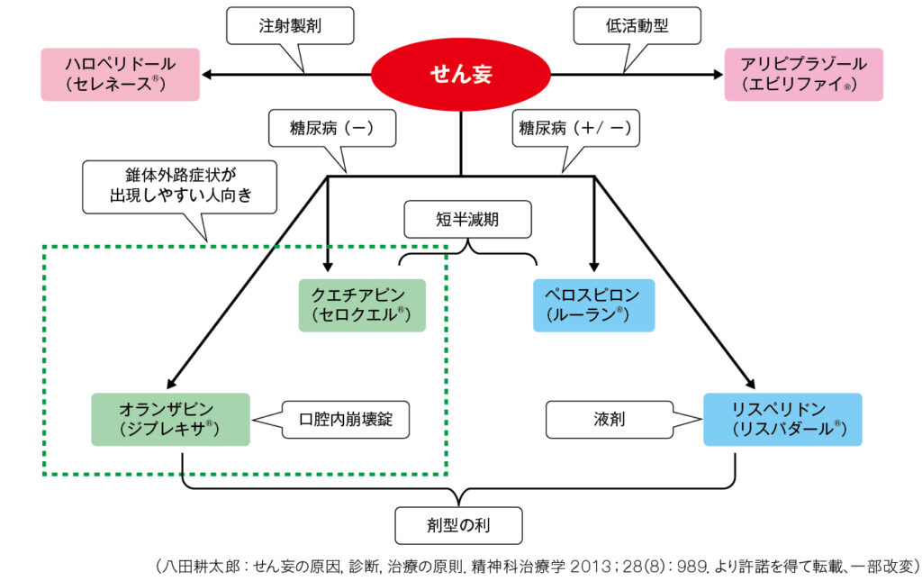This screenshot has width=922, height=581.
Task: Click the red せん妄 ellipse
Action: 460,74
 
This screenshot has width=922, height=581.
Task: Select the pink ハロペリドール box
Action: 120,74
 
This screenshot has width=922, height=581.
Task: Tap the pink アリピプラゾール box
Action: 803,74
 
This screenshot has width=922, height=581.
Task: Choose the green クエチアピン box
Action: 362,304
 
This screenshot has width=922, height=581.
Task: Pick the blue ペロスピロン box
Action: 593,304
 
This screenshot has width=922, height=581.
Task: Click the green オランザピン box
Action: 171,419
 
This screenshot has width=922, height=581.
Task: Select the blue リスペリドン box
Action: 782,419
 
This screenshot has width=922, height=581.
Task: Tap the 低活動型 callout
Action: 637,27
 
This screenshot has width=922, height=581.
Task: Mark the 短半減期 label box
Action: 467,219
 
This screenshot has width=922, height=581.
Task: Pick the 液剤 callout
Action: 610,420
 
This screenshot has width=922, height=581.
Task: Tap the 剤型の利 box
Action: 458,522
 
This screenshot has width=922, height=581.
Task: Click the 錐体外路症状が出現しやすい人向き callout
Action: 179,186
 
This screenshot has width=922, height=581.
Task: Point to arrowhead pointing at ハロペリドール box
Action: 208,74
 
